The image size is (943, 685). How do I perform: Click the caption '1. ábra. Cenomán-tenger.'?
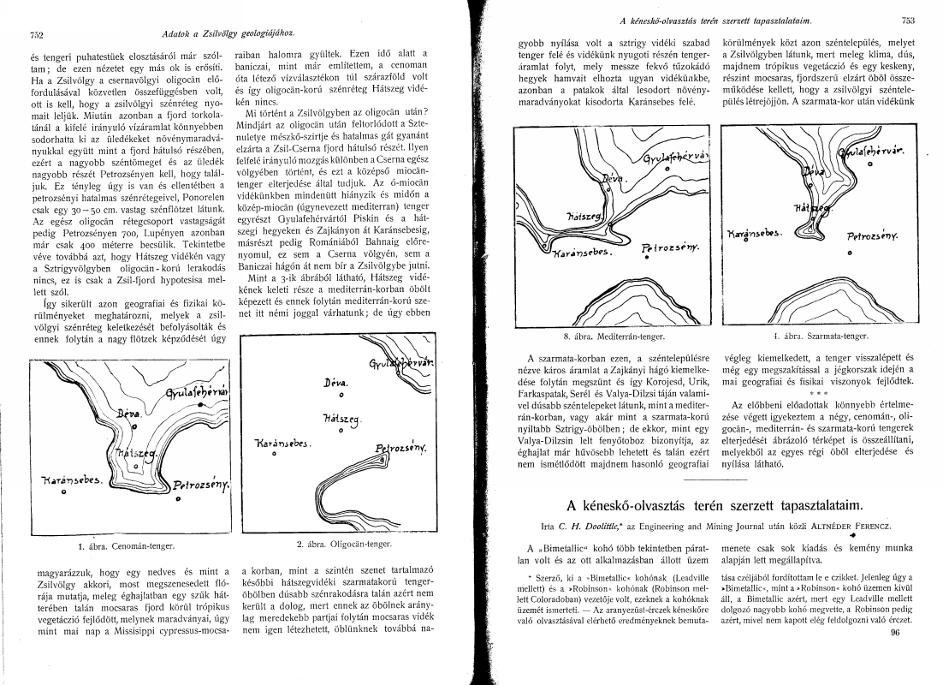pos(125,545)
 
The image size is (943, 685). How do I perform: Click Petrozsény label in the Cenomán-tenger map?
pos(202,486)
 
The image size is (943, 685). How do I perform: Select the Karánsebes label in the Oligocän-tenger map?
pos(282,444)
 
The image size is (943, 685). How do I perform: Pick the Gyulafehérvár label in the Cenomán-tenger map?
pos(199,394)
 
